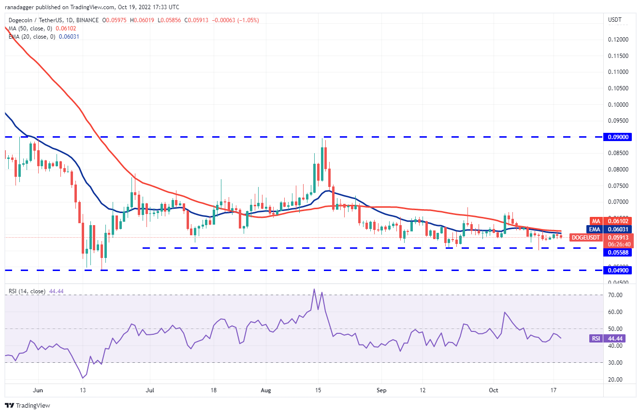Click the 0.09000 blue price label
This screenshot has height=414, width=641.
pyautogui.click(x=618, y=137)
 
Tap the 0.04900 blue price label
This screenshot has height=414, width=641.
pyautogui.click(x=618, y=271)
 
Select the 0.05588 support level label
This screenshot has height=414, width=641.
pyautogui.click(x=618, y=252)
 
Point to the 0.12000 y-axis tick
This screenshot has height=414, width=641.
pyautogui.click(x=618, y=39)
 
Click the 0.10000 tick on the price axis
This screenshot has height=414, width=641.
pyautogui.click(x=618, y=104)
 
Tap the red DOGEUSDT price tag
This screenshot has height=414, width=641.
pyautogui.click(x=586, y=237)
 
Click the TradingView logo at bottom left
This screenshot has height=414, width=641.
pyautogui.click(x=28, y=405)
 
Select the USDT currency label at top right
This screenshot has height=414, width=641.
pyautogui.click(x=614, y=20)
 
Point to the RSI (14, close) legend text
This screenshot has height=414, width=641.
pyautogui.click(x=26, y=291)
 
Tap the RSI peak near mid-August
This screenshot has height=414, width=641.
pyautogui.click(x=314, y=289)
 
